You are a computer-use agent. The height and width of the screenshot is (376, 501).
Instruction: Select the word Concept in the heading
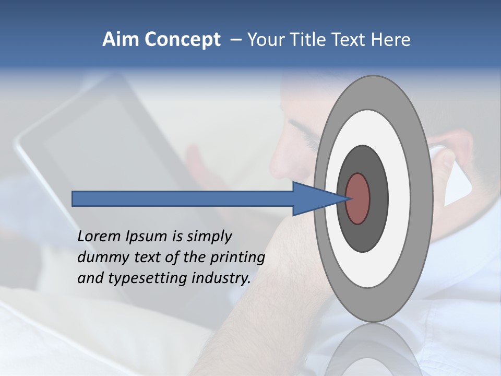(181, 40)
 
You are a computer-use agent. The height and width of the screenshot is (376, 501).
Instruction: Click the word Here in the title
(390, 40)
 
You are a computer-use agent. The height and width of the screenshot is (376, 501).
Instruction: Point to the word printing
(237, 258)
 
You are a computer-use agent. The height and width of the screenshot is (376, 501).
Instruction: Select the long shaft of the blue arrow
(183, 198)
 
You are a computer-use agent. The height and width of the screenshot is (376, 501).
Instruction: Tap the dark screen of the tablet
(104, 157)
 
